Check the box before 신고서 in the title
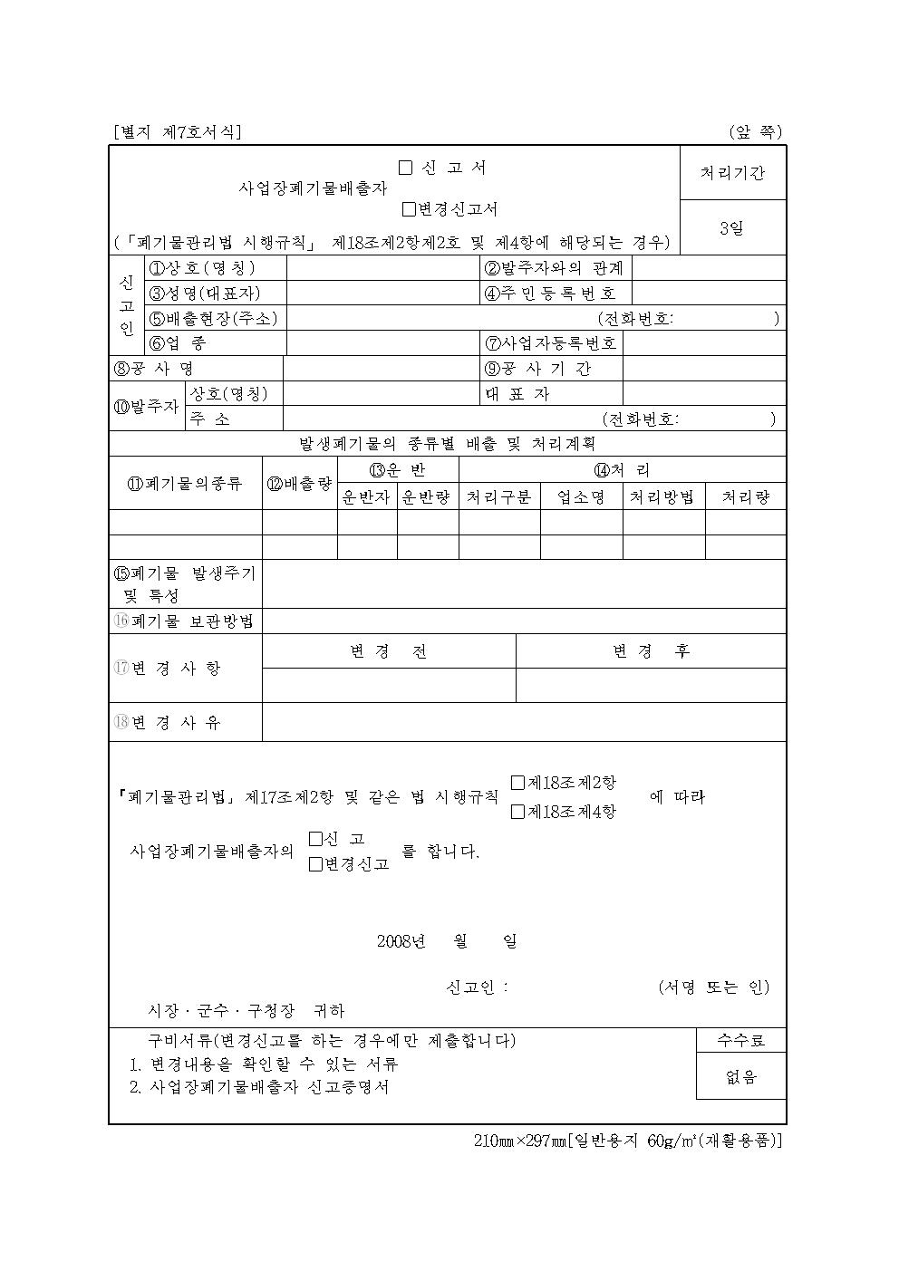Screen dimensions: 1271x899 [405, 168]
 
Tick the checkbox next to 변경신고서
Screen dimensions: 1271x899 [410, 209]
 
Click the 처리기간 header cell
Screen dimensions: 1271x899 [732, 172]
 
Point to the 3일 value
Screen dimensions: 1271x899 [732, 227]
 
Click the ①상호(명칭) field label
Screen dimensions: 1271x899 [202, 268]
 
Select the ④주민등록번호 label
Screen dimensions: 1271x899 [550, 293]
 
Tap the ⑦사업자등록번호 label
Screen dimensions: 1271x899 [551, 342]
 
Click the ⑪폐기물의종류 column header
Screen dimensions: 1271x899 [186, 483]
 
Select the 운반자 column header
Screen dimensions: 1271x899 [366, 496]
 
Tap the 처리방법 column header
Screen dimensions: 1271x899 [662, 496]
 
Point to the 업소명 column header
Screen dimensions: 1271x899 [581, 496]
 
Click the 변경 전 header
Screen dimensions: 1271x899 [389, 651]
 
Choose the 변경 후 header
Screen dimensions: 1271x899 [651, 651]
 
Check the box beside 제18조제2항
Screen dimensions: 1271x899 [517, 783]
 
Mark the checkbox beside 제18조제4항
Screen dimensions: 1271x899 [517, 812]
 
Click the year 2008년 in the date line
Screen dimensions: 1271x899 [401, 940]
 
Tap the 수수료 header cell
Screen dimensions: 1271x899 [741, 1040]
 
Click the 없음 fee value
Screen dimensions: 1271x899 [741, 1077]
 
